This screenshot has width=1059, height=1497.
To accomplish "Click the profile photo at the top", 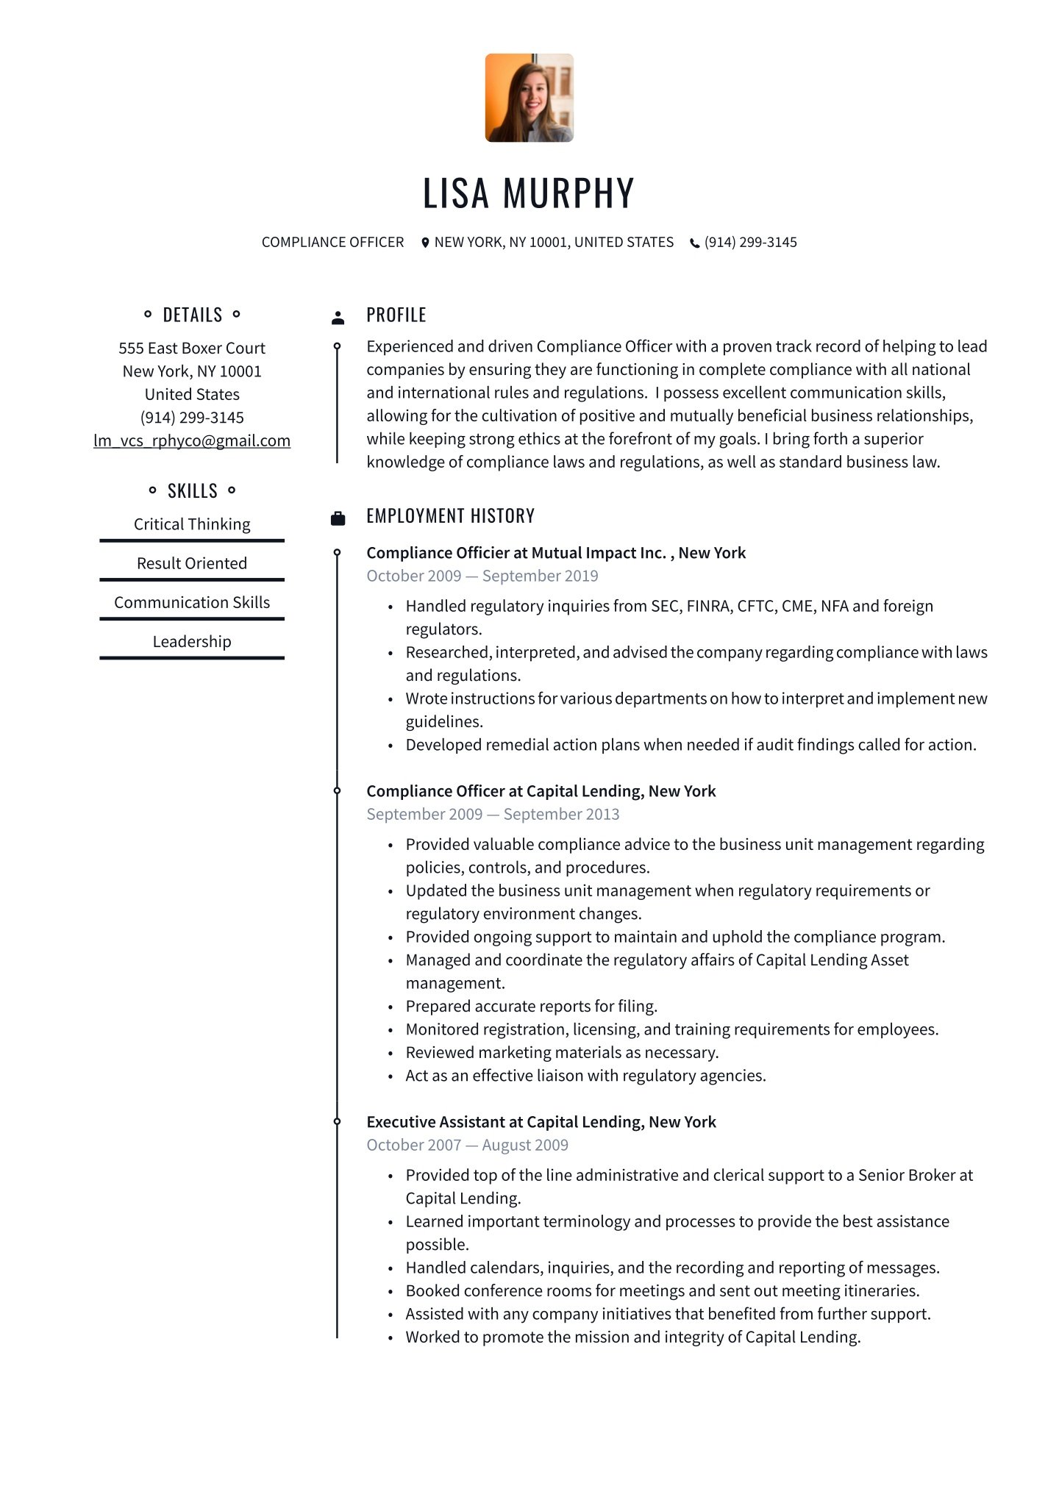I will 529,98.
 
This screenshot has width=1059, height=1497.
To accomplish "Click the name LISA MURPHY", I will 528,193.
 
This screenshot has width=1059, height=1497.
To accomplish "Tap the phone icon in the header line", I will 694,243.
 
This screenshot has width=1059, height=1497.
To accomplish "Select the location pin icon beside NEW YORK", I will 425,243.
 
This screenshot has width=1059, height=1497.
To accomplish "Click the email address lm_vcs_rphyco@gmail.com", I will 192,440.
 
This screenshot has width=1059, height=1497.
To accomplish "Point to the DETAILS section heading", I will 192,315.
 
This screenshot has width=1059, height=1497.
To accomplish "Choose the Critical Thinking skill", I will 192,524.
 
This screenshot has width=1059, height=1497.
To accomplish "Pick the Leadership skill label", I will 192,642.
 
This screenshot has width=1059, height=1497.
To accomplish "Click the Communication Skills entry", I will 192,602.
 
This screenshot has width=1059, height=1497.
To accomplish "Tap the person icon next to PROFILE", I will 338,318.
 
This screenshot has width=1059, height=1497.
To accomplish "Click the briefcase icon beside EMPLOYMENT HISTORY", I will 338,518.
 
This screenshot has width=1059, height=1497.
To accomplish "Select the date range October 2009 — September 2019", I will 482,576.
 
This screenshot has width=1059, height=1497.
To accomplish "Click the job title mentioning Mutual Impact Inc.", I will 556,553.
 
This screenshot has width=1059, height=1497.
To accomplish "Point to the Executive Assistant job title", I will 541,1122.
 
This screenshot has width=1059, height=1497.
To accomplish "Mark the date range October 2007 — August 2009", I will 468,1145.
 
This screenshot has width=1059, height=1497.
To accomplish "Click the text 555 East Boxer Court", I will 192,349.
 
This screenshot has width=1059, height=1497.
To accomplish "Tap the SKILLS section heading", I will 192,491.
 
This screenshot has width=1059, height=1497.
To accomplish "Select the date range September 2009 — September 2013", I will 493,814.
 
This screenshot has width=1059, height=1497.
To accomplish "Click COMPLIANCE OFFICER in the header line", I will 332,243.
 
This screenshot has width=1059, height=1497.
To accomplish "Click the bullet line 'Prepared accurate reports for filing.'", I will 531,1006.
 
